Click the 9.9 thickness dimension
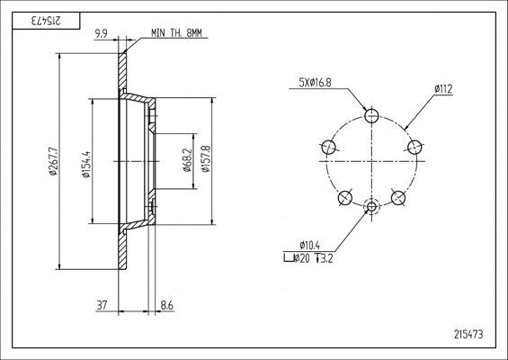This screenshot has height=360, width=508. (x=102, y=35)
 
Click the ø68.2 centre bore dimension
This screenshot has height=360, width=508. (x=185, y=162)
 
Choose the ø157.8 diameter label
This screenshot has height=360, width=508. (x=206, y=162)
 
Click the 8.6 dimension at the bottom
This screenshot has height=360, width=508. (x=167, y=306)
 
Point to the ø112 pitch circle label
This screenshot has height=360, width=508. (x=442, y=88)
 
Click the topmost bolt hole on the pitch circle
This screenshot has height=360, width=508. (x=372, y=114)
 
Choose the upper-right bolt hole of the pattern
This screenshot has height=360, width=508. (x=414, y=146)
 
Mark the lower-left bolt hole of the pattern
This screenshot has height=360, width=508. (x=343, y=198)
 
